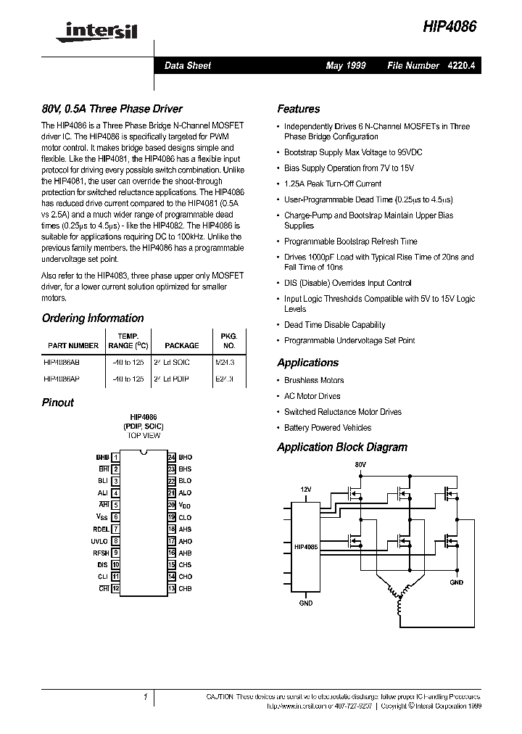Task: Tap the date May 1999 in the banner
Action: (x=346, y=65)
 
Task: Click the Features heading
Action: (x=298, y=109)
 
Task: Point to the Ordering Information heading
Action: (x=93, y=318)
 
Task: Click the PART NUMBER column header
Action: (x=73, y=346)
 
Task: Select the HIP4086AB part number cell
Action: (x=62, y=361)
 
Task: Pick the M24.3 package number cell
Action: (x=225, y=361)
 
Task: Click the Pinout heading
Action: (x=58, y=403)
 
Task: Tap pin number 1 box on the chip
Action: (x=116, y=458)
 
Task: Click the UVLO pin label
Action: (x=99, y=541)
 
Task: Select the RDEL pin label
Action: (x=99, y=529)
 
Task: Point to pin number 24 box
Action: (x=172, y=458)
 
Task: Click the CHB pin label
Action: (x=186, y=588)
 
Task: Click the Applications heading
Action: (x=307, y=363)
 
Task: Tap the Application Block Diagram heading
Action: (x=342, y=448)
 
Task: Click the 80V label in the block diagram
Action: (x=361, y=463)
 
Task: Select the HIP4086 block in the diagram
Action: (x=306, y=546)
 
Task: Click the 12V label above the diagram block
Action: (x=306, y=490)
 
